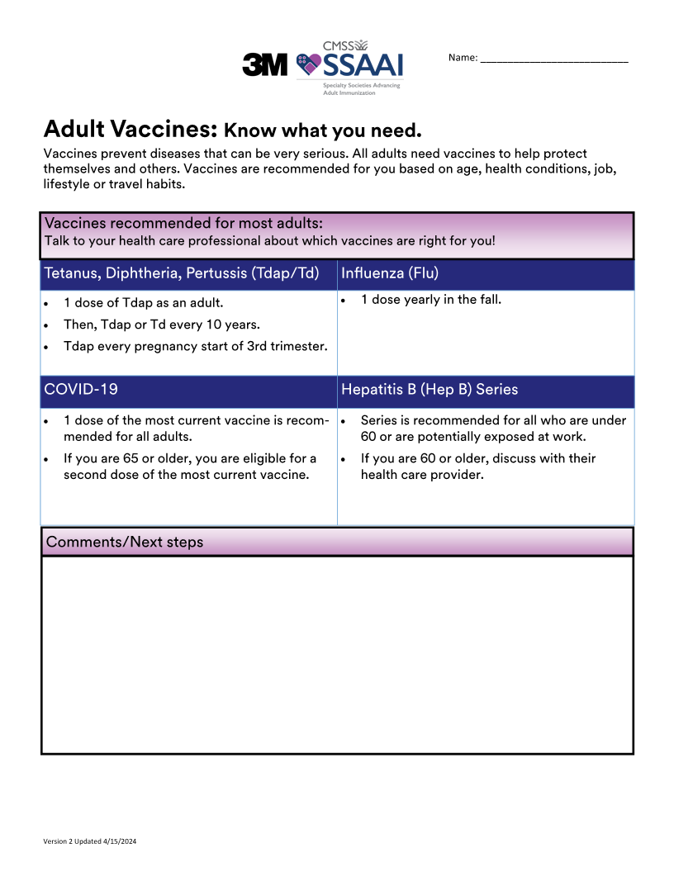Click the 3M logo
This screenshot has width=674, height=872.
click(264, 64)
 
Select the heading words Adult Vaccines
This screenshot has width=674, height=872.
click(130, 129)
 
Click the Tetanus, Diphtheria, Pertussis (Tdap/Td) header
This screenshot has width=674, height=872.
click(181, 273)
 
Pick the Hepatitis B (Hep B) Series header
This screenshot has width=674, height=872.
click(430, 389)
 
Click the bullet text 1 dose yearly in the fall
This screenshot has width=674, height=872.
click(430, 300)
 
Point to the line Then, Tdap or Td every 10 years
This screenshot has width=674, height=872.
click(161, 325)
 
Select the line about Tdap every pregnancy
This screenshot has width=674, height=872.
click(195, 346)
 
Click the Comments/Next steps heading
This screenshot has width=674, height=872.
click(125, 543)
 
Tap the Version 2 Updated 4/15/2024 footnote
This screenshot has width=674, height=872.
click(89, 841)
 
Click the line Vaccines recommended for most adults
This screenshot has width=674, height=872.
click(183, 224)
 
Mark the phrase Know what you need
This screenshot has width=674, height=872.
click(323, 130)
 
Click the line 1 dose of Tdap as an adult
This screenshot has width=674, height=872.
click(143, 303)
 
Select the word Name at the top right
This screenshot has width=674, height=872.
click(463, 58)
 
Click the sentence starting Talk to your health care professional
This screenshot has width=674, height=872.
click(269, 241)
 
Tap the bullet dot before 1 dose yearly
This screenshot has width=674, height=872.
click(342, 301)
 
